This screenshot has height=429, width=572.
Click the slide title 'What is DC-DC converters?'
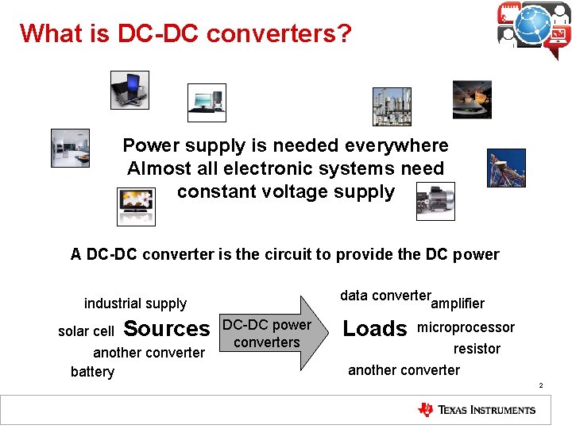coord(185,33)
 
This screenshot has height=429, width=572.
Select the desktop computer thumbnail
coord(207,102)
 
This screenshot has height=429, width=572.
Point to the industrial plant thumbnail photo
coord(392,106)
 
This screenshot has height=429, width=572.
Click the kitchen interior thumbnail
coord(70,148)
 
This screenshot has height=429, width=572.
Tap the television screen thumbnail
coord(136,206)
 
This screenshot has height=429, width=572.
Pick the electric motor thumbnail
coord(435,201)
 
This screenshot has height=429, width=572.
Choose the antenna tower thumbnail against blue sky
coord(506,168)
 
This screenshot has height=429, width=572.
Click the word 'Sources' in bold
coord(167,328)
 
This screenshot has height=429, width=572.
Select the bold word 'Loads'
coord(374,329)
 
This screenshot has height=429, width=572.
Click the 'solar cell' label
coord(86,330)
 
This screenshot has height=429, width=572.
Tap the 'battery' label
coord(92,372)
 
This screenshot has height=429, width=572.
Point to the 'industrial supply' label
coord(135,303)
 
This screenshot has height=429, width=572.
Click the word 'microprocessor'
coord(466,327)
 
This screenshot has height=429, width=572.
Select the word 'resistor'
coord(477,349)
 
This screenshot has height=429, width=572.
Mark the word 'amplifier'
coord(457,303)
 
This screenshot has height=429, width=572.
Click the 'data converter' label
coord(385,296)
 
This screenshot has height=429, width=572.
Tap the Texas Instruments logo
coord(477,410)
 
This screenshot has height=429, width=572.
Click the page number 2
coord(540,386)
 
